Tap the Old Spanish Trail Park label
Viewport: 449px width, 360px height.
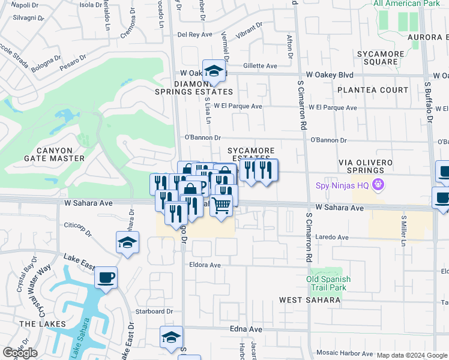click(327, 283)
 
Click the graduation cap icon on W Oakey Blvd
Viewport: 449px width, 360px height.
click(214, 71)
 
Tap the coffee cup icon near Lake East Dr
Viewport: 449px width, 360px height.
click(106, 277)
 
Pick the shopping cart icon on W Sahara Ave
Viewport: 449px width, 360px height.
click(221, 205)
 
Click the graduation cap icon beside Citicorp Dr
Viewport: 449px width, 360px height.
click(127, 243)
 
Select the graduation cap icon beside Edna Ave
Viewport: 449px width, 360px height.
click(171, 337)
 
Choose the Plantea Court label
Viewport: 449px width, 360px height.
click(372, 90)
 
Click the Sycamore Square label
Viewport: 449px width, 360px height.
click(380, 58)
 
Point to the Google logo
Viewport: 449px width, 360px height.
click(20, 353)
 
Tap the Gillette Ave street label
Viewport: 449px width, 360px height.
click(260, 66)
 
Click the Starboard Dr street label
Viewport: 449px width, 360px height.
click(154, 311)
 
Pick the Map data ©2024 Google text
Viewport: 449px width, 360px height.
click(412, 355)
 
